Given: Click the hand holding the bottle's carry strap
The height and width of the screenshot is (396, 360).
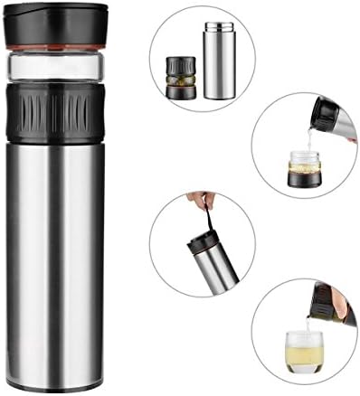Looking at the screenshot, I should click(192, 198).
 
